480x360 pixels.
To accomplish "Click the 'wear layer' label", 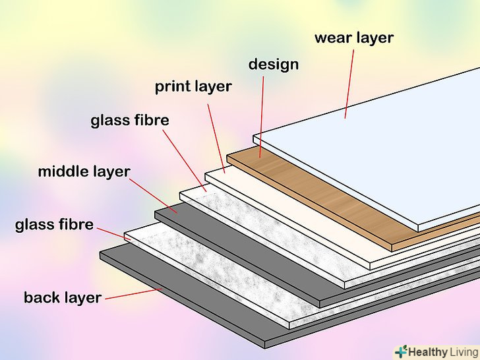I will [x=353, y=38].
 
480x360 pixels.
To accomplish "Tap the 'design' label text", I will [x=273, y=65].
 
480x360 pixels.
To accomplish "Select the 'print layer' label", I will [x=193, y=86].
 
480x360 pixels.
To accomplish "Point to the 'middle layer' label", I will [x=84, y=172].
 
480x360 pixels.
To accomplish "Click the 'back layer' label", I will [x=63, y=297].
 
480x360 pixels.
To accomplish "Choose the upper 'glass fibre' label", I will [x=130, y=121].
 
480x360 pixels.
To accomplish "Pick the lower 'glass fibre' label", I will [x=54, y=225].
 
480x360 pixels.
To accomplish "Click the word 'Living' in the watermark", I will [x=463, y=351].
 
